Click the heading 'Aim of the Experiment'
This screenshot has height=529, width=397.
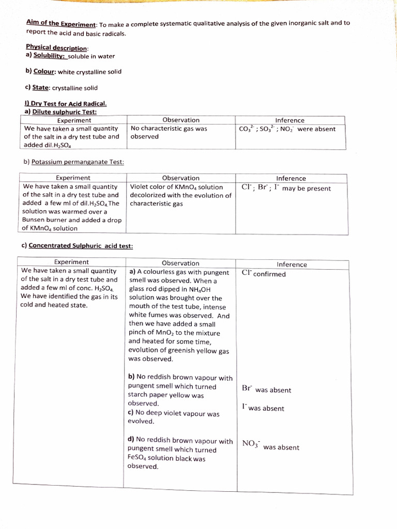[61, 24]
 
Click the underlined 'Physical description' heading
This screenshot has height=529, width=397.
[57, 46]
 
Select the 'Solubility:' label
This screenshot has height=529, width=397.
[49, 56]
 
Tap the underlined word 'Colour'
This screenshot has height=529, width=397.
[44, 72]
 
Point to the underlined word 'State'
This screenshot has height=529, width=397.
[42, 88]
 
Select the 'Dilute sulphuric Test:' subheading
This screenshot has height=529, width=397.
[64, 112]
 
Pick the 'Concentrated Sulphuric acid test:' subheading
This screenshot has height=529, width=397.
[81, 246]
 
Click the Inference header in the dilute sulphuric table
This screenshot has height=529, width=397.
[289, 120]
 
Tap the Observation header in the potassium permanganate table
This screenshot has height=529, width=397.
[180, 178]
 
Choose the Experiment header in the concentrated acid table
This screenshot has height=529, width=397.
[71, 262]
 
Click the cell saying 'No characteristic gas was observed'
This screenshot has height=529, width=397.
[169, 133]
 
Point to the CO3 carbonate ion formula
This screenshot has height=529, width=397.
[246, 129]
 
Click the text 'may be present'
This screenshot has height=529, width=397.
[307, 189]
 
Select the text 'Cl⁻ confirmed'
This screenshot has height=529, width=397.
[263, 274]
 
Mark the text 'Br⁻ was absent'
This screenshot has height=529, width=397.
[266, 390]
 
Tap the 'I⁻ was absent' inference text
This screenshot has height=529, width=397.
[263, 408]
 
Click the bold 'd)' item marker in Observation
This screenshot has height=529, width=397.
[131, 441]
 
